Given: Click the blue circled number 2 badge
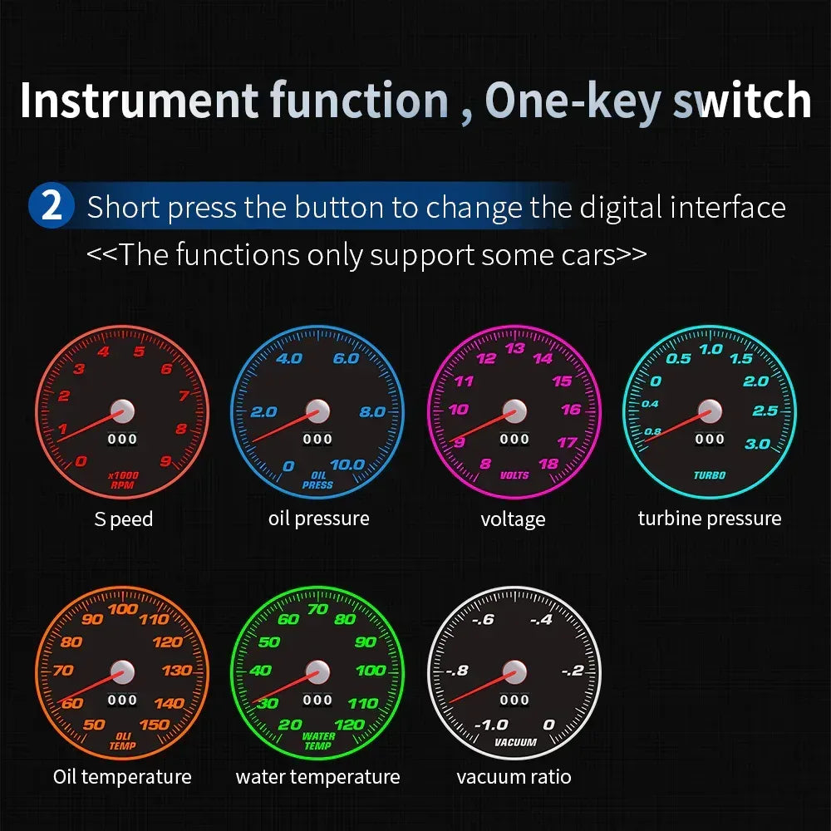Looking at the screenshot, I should (x=52, y=206).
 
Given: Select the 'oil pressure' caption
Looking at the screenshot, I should (x=318, y=519).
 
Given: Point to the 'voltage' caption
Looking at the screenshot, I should (x=513, y=519).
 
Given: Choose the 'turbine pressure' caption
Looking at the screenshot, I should (x=710, y=519).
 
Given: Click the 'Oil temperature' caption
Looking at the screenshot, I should (x=122, y=777).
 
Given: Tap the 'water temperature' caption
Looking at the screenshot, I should (x=317, y=777).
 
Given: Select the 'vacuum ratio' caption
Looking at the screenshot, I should (x=514, y=777).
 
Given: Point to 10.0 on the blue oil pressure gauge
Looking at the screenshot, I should (x=347, y=465).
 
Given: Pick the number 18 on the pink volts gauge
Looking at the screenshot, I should (x=548, y=465).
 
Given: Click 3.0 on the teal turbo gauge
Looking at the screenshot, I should (x=757, y=444).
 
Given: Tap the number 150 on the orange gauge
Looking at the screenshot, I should (x=155, y=724).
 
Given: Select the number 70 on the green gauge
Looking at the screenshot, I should (x=317, y=609).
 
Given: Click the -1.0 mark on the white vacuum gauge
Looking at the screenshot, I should (x=490, y=725).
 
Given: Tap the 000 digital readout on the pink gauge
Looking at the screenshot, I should (x=514, y=439).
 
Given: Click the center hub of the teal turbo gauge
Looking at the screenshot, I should (x=709, y=410).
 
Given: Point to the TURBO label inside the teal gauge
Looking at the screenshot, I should (x=710, y=475).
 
